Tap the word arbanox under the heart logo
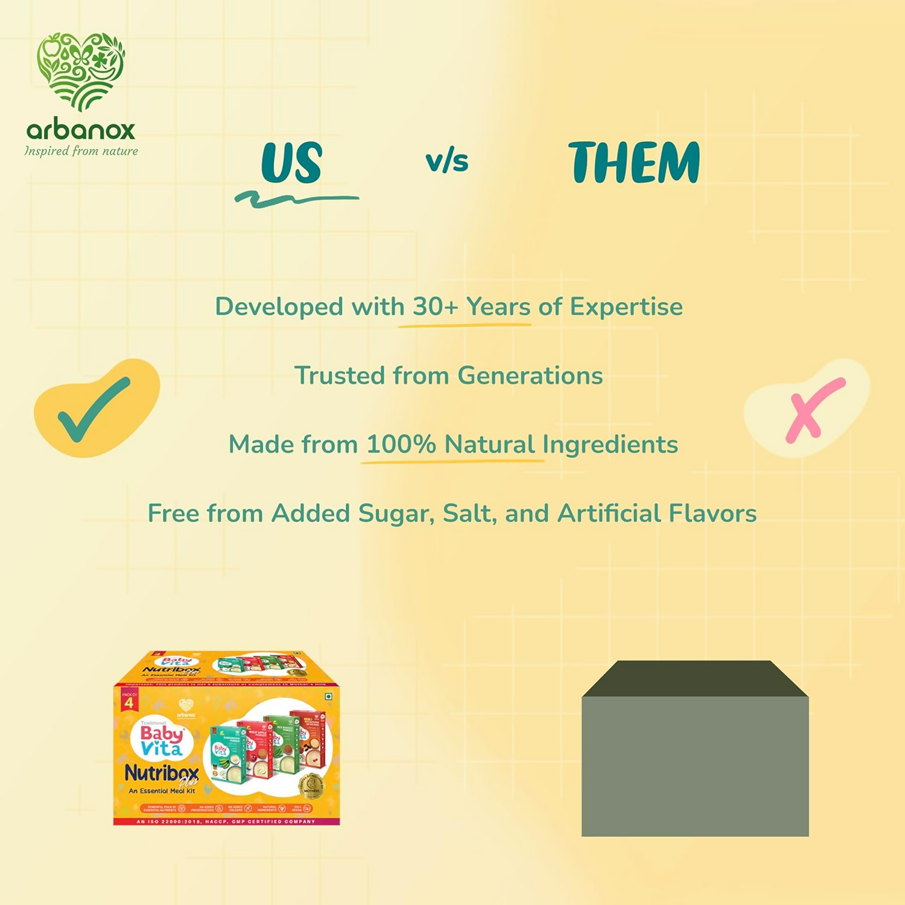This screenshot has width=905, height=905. coord(81,130)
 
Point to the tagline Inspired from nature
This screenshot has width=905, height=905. coord(81,151)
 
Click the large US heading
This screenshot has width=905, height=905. coord(292,163)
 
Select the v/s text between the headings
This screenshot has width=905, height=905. coord(447,162)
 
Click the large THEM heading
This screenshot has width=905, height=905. coord(634,163)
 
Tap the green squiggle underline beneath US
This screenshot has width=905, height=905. coord(296,200)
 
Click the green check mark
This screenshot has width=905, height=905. coord(94,409)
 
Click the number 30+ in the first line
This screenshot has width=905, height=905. coord(435,306)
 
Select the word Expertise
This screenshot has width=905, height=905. coord(626,307)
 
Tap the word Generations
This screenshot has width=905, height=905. coord(530,376)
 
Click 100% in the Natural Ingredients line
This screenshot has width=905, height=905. coord(401,445)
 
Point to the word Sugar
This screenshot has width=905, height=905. coord(396,514)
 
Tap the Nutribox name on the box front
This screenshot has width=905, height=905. coord(162,773)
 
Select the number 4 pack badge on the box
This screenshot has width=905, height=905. coord(129,702)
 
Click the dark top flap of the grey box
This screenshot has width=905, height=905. coord(694,679)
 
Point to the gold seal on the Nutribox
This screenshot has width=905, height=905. coord(312,786)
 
